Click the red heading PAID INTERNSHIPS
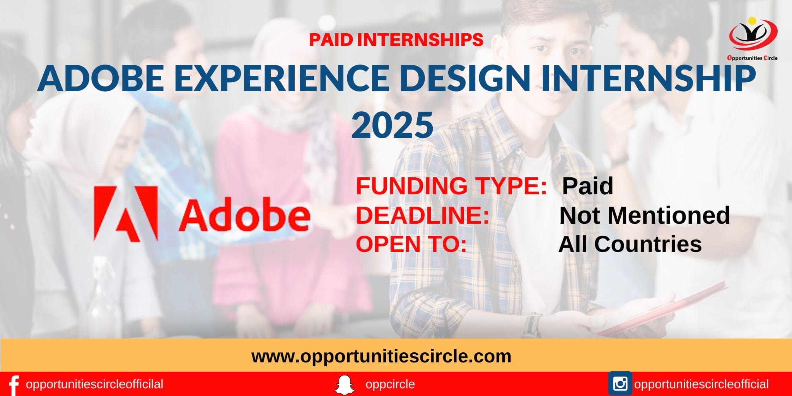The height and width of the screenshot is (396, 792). pyautogui.click(x=396, y=40)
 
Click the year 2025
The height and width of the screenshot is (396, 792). pyautogui.click(x=392, y=124)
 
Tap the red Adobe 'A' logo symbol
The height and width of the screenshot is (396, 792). pyautogui.click(x=126, y=214)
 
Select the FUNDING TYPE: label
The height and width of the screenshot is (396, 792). pyautogui.click(x=451, y=186)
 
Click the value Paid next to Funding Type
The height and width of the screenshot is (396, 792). pyautogui.click(x=587, y=186)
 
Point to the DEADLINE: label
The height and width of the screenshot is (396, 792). pyautogui.click(x=422, y=215)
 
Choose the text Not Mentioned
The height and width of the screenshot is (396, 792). pyautogui.click(x=644, y=215)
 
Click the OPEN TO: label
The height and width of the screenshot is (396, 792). pyautogui.click(x=411, y=244)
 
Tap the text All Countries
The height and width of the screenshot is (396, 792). pyautogui.click(x=630, y=244)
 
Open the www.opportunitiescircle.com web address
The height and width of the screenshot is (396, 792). pyautogui.click(x=381, y=356)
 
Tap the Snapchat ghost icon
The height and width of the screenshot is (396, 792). pyautogui.click(x=345, y=385)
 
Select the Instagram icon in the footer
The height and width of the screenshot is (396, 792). pyautogui.click(x=620, y=384)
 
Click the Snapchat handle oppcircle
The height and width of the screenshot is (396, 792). pyautogui.click(x=390, y=384)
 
